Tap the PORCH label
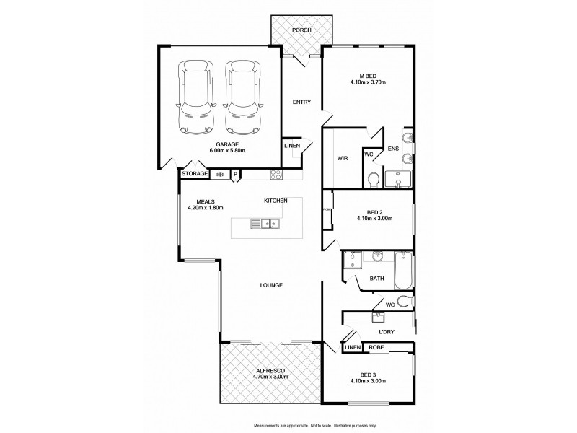click(x=301, y=30)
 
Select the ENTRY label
click(x=301, y=102)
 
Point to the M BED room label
click(x=368, y=75)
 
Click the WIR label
click(x=343, y=158)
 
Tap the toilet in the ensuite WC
click(x=373, y=178)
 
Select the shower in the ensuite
click(x=398, y=178)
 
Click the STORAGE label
click(x=194, y=174)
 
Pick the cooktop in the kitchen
click(x=276, y=174)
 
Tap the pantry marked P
click(x=235, y=174)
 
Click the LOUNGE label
click(x=271, y=285)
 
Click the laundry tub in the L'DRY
click(x=377, y=316)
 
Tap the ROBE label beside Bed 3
click(x=376, y=347)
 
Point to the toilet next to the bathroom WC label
click(x=405, y=301)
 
